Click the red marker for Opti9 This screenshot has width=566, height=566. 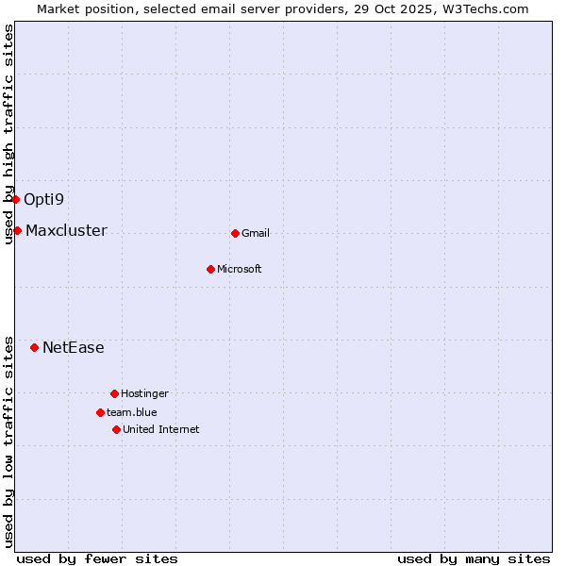tap(16, 199)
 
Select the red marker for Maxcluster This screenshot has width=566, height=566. tap(17, 230)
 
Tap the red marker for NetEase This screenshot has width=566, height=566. tap(35, 347)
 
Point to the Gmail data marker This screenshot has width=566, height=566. tap(235, 233)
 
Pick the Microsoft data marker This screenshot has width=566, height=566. tap(210, 269)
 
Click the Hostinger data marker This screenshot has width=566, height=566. tap(114, 393)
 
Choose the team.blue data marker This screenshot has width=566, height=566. tap(100, 412)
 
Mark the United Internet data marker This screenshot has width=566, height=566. tap(116, 429)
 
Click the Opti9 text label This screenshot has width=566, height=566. tap(43, 199)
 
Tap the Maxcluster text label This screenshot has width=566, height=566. tap(66, 230)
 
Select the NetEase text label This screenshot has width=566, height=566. tap(73, 347)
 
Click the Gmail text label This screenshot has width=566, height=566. tap(256, 233)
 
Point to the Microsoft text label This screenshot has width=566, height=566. tap(240, 269)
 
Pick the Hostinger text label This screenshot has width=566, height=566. tap(144, 393)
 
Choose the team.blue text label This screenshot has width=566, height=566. tap(132, 412)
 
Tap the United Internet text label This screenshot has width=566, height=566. tap(161, 429)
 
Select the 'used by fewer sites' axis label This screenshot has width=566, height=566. tap(97, 558)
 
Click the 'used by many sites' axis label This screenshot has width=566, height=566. tap(474, 558)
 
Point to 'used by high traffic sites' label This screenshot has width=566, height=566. tap(8, 134)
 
